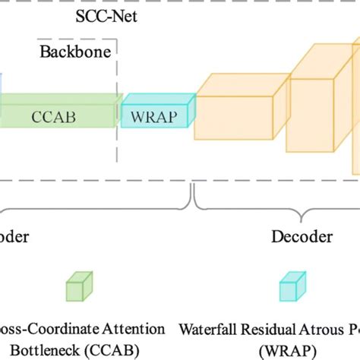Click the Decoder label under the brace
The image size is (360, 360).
point(302,237)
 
